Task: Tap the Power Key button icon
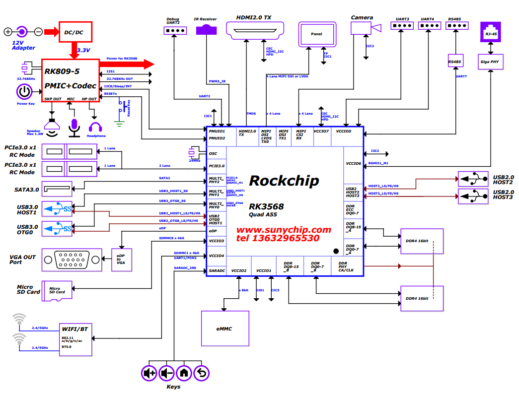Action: [25, 92]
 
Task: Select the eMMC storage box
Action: [224, 329]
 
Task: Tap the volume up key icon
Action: [149, 372]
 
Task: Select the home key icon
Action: [184, 372]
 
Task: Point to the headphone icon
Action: [96, 127]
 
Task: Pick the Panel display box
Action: [316, 34]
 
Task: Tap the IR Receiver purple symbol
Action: [207, 30]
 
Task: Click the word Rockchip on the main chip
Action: [284, 181]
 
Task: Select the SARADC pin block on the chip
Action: [217, 270]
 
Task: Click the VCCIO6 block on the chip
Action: [354, 163]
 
